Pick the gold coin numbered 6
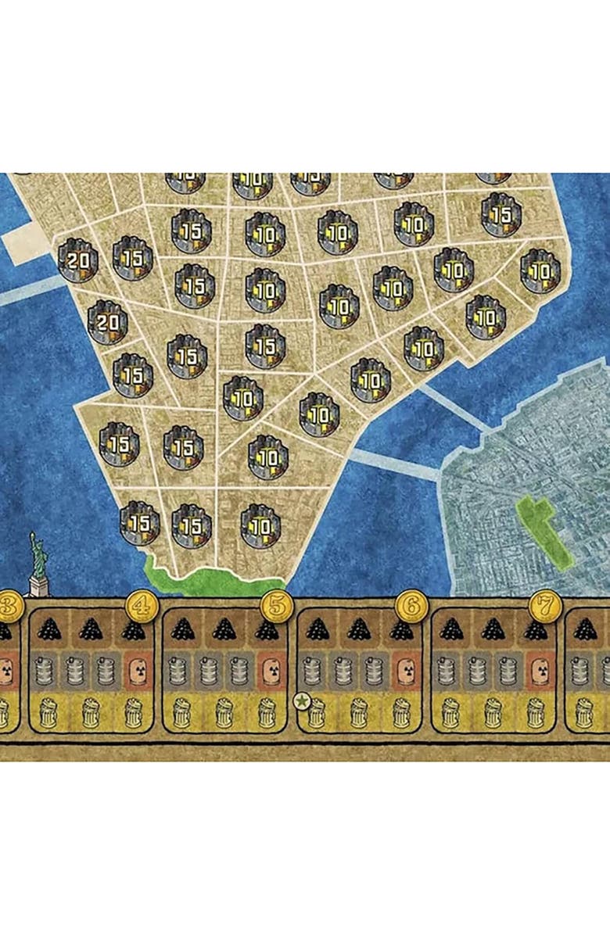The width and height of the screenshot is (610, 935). (409, 606)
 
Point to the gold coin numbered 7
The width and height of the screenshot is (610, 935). (542, 606)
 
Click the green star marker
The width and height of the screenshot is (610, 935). (302, 702)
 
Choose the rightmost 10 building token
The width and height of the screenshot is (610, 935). (540, 271)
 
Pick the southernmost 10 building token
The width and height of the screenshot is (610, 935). (260, 525)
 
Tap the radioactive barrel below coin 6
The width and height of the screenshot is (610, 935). (404, 670)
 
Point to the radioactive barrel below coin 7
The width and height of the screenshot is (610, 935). (537, 670)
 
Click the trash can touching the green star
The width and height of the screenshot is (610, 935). (316, 711)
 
